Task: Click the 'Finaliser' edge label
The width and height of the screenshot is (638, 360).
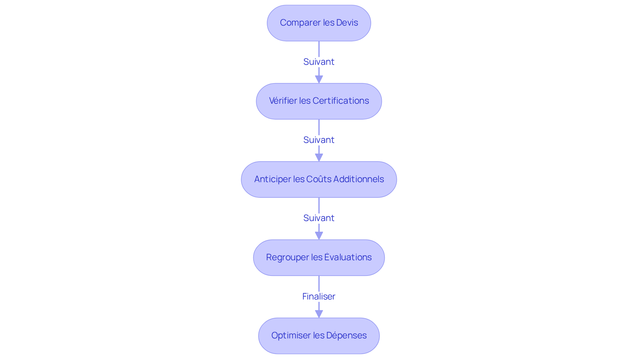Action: [x=319, y=296]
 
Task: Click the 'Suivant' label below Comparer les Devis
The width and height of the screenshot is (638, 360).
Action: [x=319, y=62]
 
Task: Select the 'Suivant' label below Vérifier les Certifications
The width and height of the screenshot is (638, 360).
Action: [x=319, y=140]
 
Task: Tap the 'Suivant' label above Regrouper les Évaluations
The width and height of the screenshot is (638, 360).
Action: [x=319, y=218]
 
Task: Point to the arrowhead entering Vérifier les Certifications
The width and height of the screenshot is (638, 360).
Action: [x=319, y=79]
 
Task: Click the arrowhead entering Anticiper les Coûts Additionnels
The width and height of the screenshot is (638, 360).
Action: [x=319, y=158]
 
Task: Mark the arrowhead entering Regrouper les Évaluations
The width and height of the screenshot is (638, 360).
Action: [x=319, y=236]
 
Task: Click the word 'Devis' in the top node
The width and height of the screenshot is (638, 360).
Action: [x=347, y=23]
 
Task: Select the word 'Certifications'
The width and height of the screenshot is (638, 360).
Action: [x=341, y=101]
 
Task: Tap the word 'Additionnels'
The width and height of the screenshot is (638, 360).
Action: [x=359, y=179]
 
